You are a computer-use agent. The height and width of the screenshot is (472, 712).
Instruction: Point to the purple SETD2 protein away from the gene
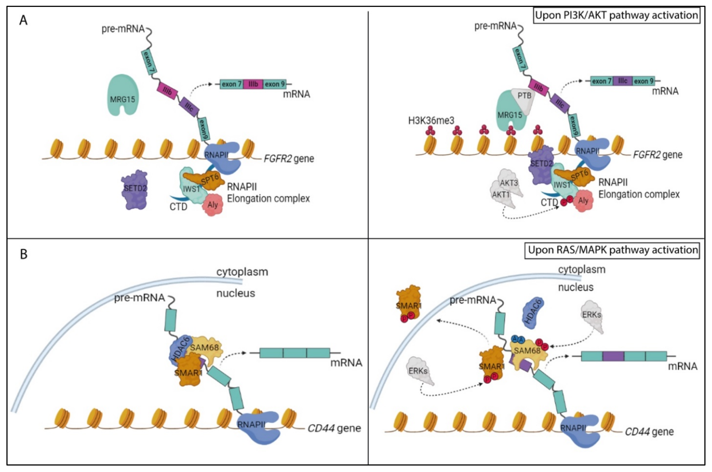click(x=135, y=190)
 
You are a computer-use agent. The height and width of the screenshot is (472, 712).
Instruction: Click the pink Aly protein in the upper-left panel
click(x=213, y=205)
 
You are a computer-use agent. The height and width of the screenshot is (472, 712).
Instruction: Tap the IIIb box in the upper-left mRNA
click(x=253, y=84)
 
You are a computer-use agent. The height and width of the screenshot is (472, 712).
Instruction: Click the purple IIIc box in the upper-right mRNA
click(x=622, y=81)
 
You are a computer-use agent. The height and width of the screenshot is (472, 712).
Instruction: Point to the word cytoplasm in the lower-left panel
click(x=242, y=272)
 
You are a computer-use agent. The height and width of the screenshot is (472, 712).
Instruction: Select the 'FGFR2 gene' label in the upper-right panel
click(x=658, y=155)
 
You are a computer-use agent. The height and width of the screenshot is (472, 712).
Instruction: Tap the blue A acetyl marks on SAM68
click(x=518, y=340)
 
